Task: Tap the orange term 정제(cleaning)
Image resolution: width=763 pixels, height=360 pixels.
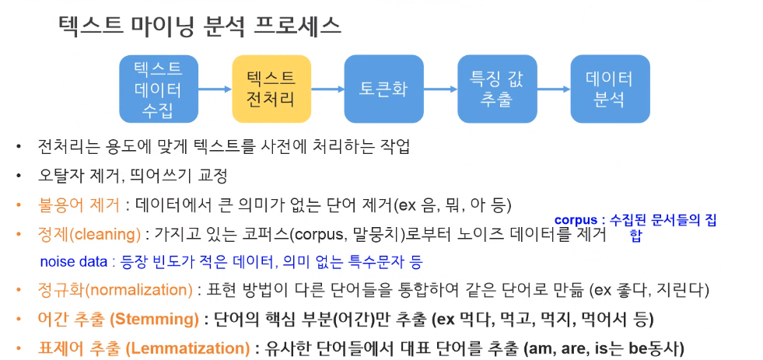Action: pos(89,233)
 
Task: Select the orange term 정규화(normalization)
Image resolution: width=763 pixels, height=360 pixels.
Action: pos(116,290)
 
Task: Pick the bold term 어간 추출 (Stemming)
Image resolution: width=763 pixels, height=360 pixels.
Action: pos(116,319)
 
